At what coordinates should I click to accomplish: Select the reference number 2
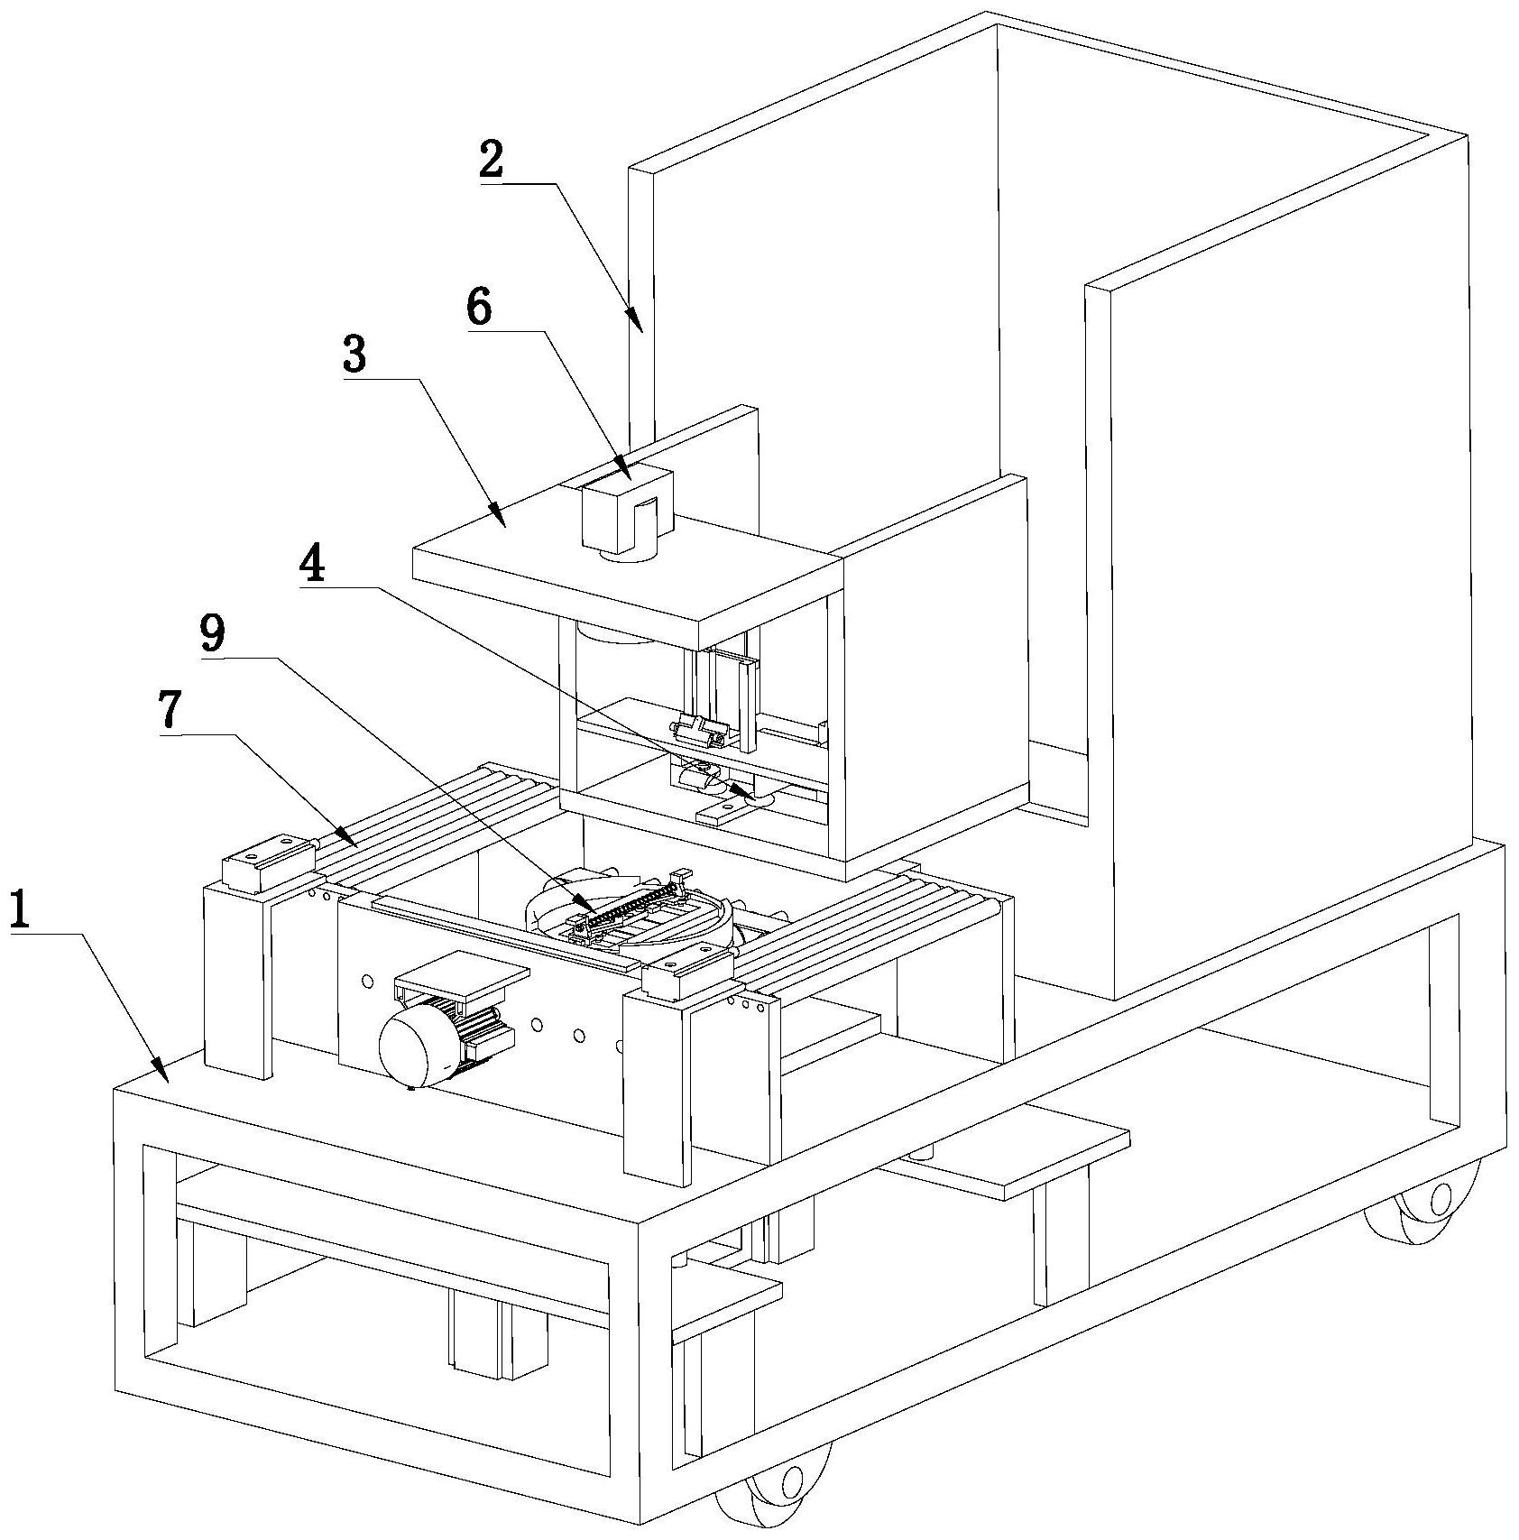point(492,160)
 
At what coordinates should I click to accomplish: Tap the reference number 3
point(354,355)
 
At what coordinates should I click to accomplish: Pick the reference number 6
point(479,308)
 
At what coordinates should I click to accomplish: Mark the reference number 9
point(213,635)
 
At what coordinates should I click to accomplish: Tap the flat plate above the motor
point(462,975)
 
